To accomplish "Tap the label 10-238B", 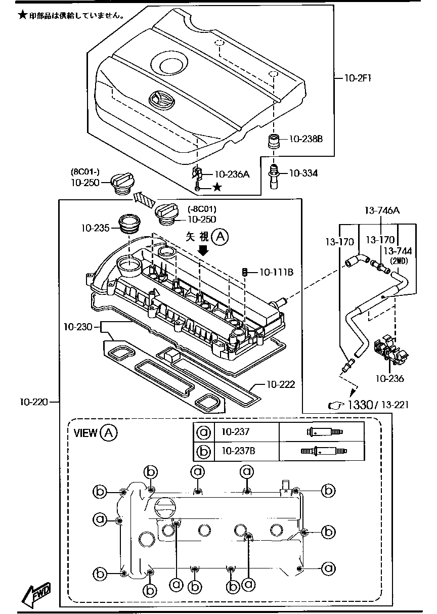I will tap(305, 139).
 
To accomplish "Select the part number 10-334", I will tap(303, 173).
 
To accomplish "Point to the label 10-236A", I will tap(232, 174).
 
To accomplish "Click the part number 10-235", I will tap(94, 228).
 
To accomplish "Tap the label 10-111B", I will tap(276, 273).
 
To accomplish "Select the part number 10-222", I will tap(280, 384).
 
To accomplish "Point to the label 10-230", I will tap(78, 327).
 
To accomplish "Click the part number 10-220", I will tap(34, 403).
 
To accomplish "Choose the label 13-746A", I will tap(382, 210).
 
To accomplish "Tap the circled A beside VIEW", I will tap(109, 432).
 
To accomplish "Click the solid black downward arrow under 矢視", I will tap(204, 250).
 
